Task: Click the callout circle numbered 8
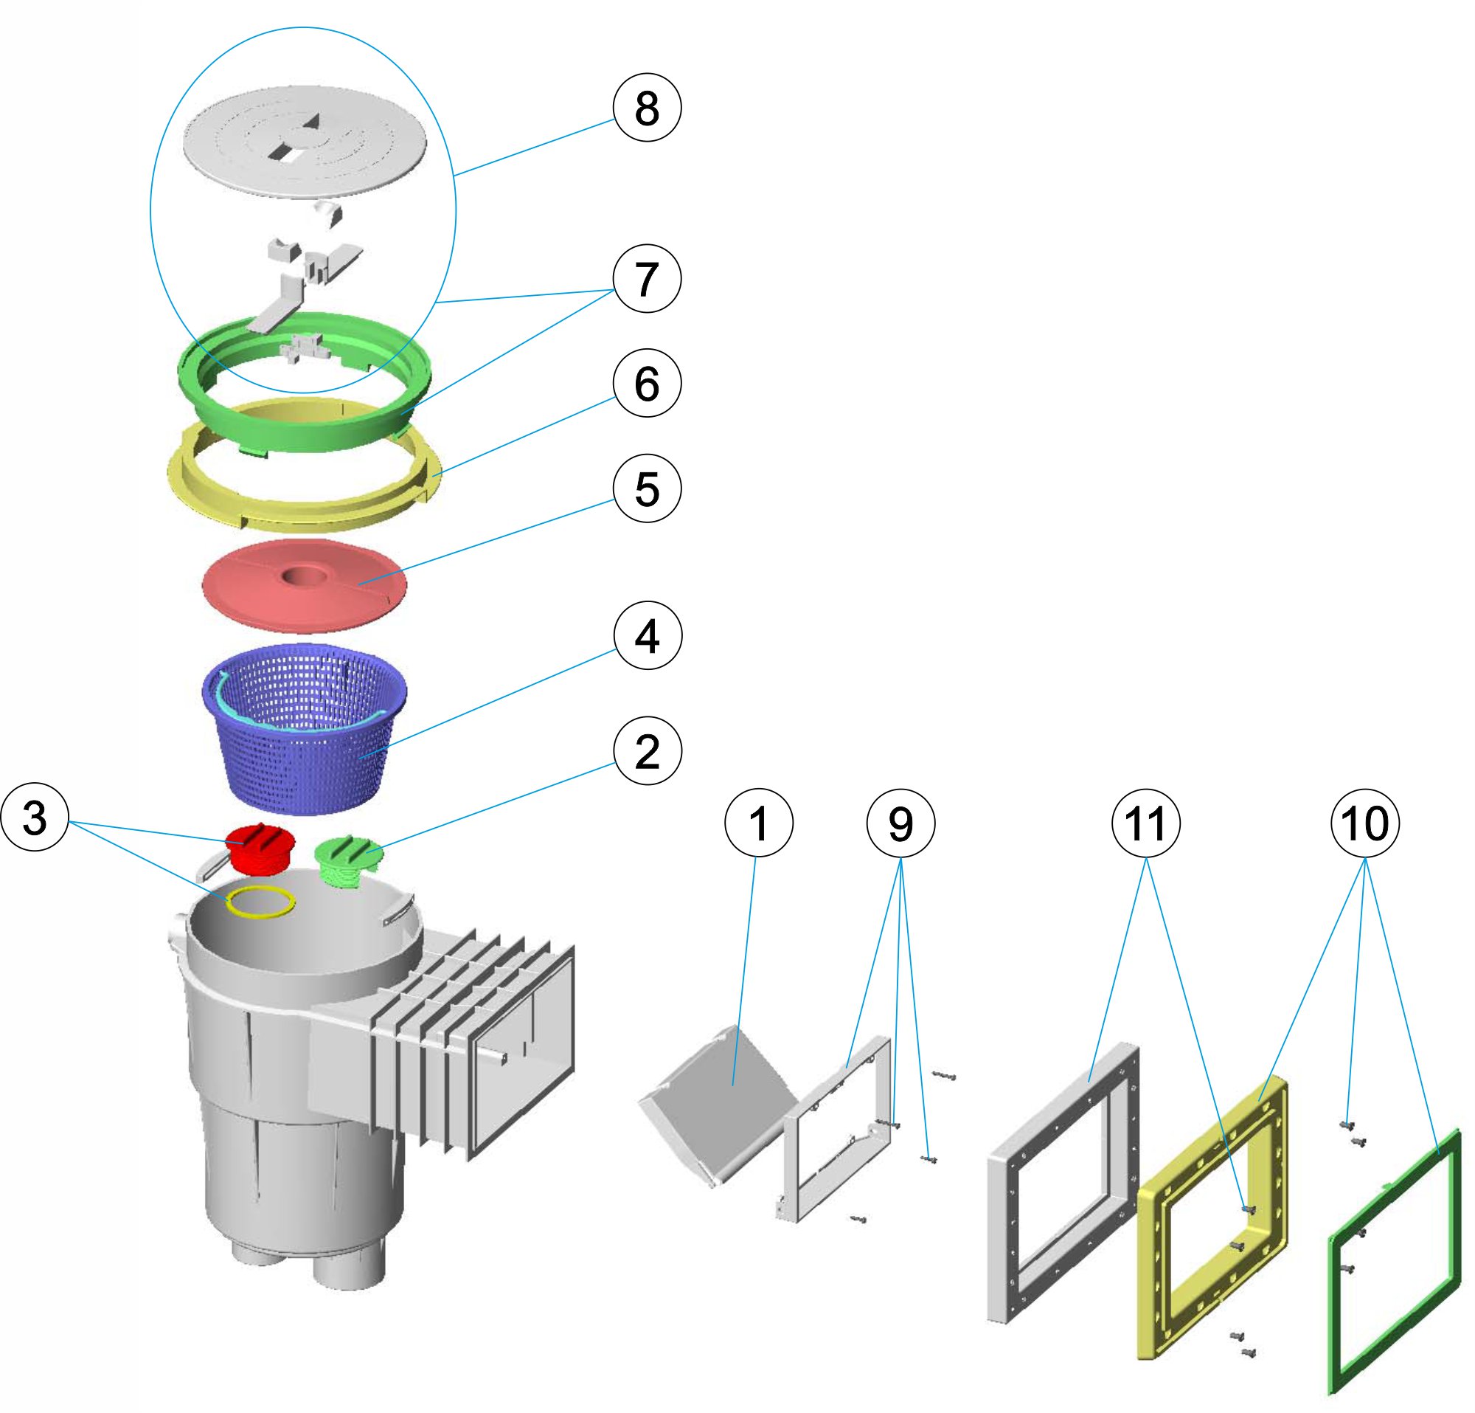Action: click(x=647, y=108)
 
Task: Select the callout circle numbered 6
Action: click(x=647, y=384)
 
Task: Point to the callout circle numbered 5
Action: click(x=647, y=488)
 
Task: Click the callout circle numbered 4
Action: click(x=648, y=636)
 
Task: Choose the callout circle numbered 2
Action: click(x=648, y=752)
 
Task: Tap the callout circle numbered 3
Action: click(x=35, y=818)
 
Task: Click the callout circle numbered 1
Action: click(x=759, y=823)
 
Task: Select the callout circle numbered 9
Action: click(x=900, y=823)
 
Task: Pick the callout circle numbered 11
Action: click(x=1145, y=823)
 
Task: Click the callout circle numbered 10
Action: click(x=1365, y=823)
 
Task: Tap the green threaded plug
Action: click(x=348, y=862)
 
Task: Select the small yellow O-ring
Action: click(x=261, y=902)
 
